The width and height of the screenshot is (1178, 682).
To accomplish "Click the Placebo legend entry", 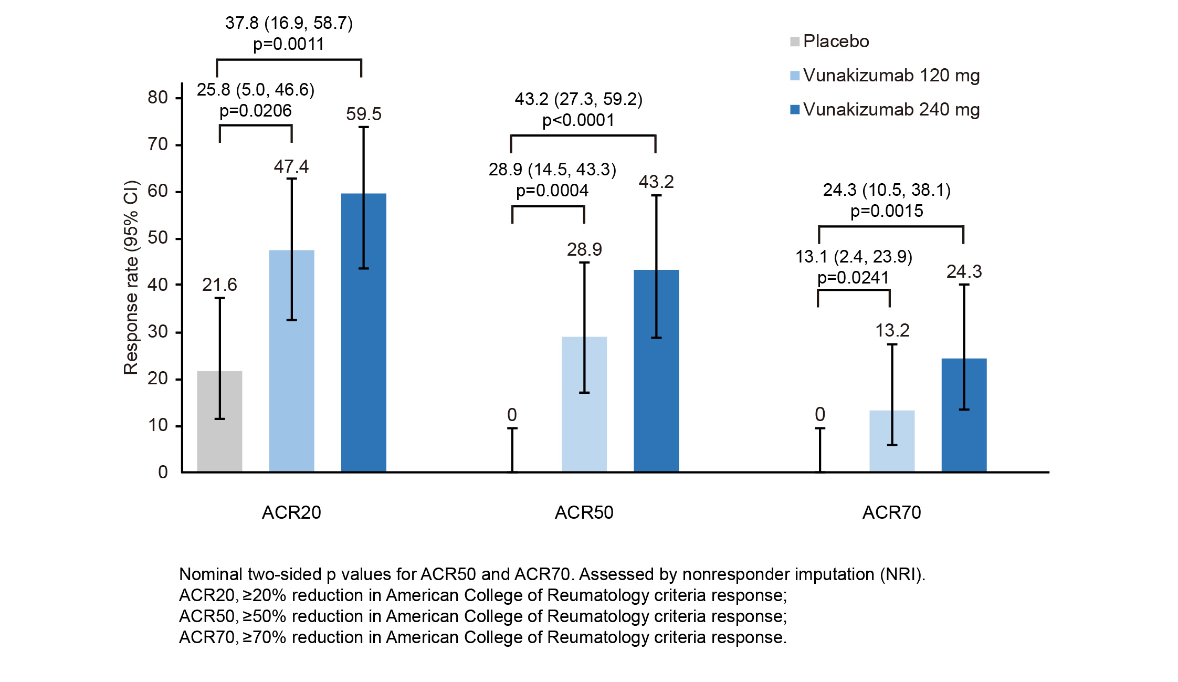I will point(829,41).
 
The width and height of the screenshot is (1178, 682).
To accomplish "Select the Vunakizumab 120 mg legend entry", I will point(885,76).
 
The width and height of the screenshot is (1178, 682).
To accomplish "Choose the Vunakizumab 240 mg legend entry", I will point(885,110).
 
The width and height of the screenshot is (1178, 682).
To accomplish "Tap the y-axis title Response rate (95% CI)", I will point(131,278).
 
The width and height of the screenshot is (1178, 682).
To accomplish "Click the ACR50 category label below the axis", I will point(584,512).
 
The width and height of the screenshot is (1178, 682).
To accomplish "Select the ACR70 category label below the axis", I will point(891,512).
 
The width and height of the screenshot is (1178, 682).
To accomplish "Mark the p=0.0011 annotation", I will point(289,44).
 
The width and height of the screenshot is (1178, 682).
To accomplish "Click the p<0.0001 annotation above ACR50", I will point(578,120).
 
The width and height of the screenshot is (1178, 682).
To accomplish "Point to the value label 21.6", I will point(219,285).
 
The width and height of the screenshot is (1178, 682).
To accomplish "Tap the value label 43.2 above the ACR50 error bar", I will point(656,182).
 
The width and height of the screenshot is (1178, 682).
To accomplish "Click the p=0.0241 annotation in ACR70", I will point(853,278).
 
